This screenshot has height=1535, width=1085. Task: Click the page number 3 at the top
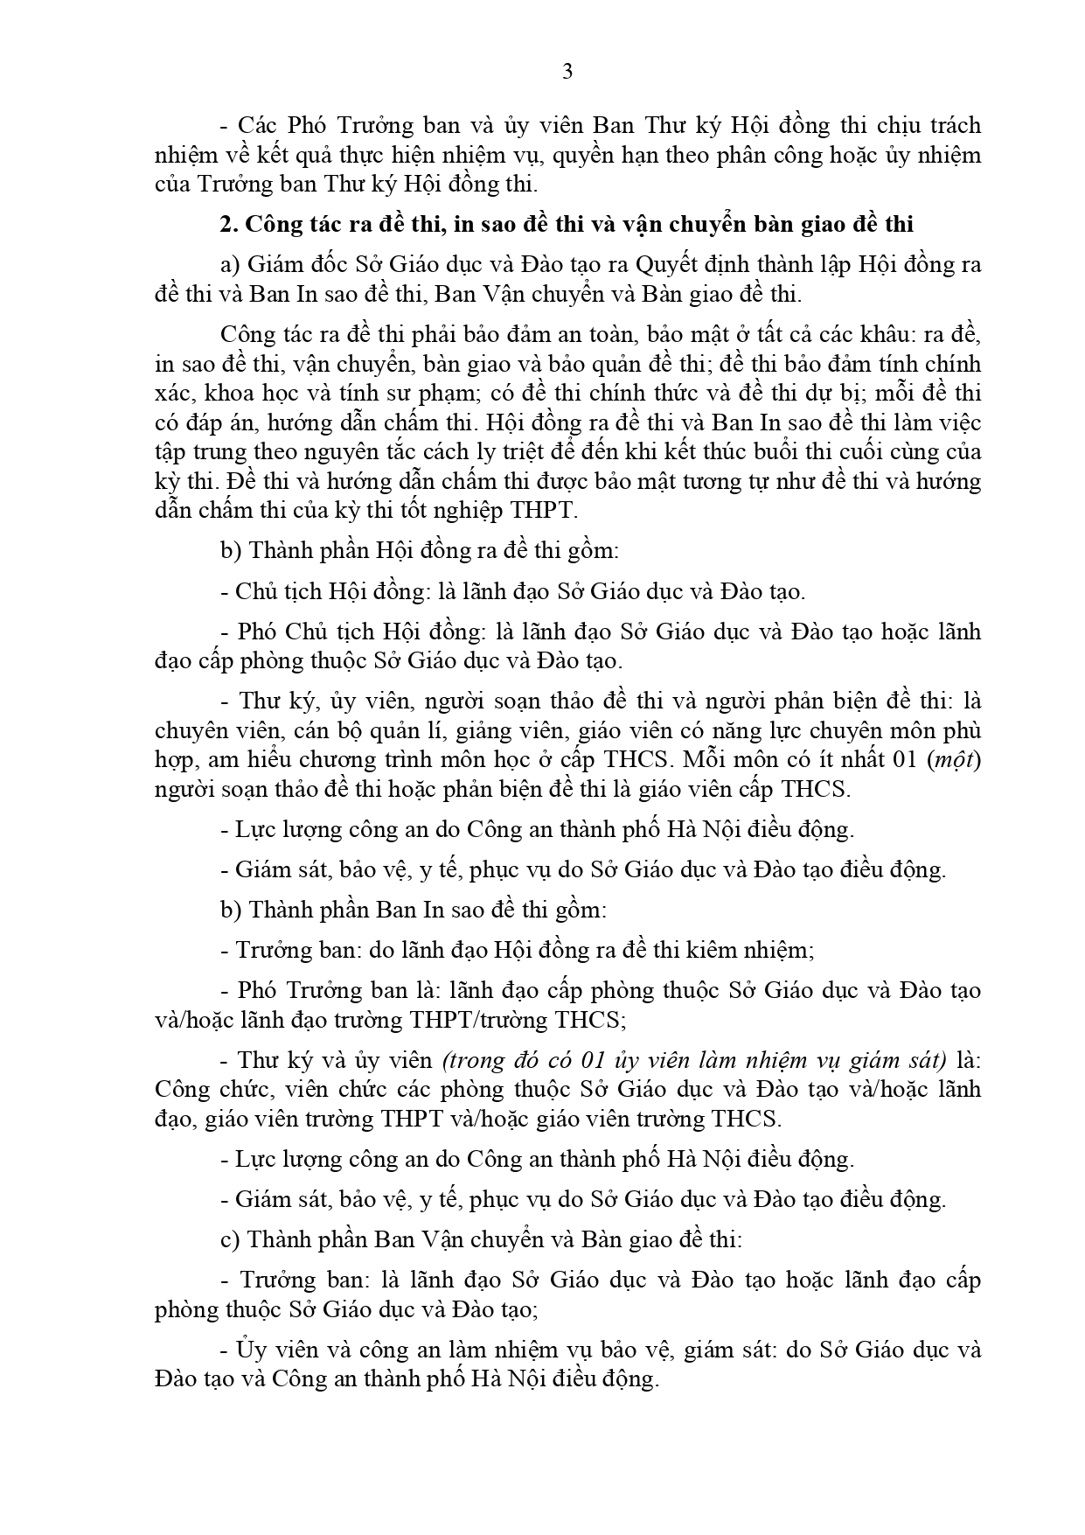[567, 73]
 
